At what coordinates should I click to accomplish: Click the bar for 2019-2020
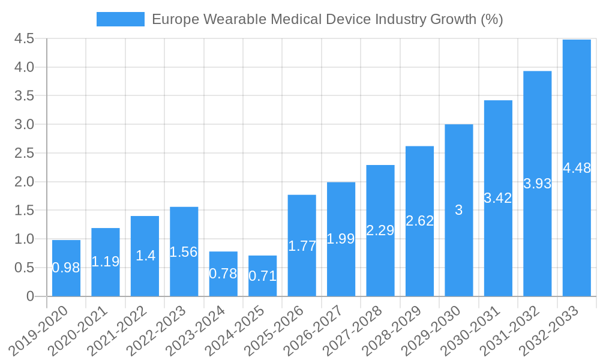[66, 268]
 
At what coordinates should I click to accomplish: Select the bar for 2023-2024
[223, 274]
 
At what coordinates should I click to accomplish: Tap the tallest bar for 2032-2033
[577, 168]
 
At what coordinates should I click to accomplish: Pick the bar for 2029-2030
[459, 210]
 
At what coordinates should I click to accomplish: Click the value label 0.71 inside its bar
[262, 276]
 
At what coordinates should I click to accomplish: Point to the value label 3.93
[538, 184]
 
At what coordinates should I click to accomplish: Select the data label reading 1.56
[184, 252]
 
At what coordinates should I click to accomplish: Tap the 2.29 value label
[380, 230]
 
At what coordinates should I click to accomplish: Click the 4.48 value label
[577, 168]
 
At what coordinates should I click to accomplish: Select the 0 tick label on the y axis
[30, 296]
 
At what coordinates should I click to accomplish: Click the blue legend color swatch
[121, 19]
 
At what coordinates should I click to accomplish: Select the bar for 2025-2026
[302, 245]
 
